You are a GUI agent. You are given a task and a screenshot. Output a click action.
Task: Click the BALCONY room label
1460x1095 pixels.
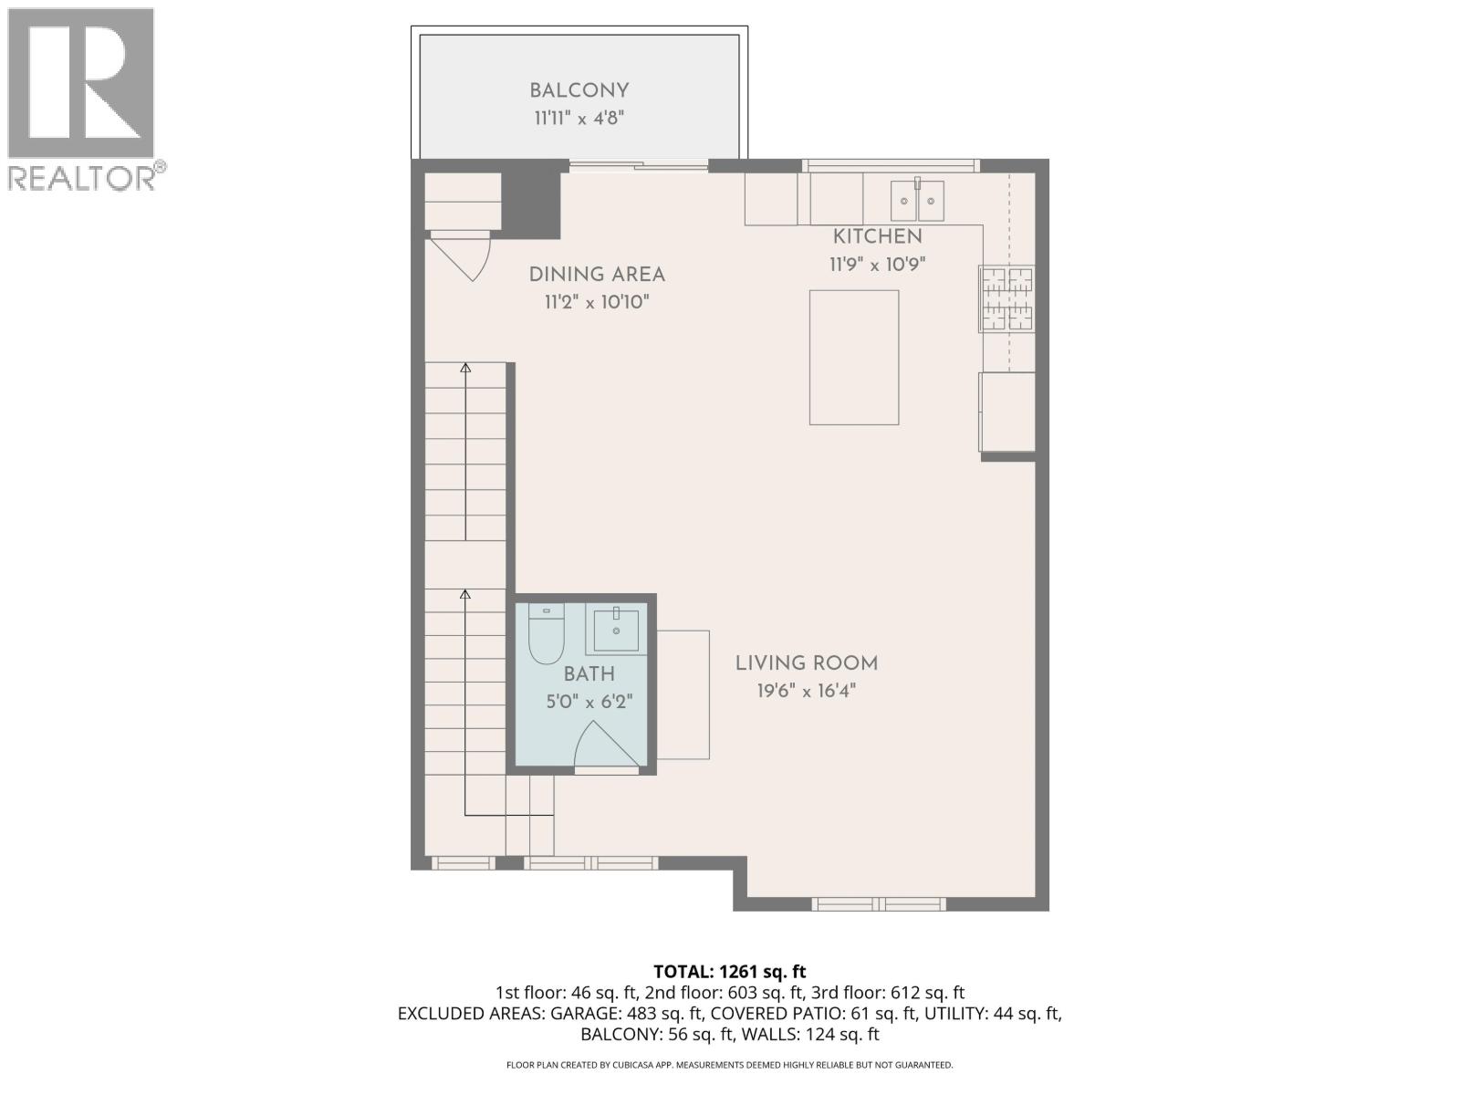coord(579,90)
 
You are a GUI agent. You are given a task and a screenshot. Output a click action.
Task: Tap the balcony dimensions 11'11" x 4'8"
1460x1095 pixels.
coord(579,118)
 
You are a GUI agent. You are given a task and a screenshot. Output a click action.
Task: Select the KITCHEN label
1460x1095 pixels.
coord(877,236)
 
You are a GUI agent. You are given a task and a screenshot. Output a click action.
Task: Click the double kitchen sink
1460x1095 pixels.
coord(917,201)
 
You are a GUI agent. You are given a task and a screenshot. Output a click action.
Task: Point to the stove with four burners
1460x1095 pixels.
coord(1006,298)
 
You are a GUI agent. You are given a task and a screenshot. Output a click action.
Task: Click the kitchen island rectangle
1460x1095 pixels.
coord(853,357)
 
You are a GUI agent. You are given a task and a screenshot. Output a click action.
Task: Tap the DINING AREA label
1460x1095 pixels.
coord(597,274)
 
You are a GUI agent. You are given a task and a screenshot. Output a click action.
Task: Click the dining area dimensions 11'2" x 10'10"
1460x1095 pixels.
coord(597,302)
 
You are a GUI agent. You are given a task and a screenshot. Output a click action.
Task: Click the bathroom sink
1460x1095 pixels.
coord(616,630)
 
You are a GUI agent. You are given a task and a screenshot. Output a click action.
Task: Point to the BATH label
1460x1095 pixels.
coord(589,674)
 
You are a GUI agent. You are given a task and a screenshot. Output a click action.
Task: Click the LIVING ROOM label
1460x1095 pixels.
coord(807,663)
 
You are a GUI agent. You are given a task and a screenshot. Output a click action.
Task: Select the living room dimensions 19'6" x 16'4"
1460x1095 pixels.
coord(807,691)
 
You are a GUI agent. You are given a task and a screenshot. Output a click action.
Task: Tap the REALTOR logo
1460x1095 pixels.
coord(82,99)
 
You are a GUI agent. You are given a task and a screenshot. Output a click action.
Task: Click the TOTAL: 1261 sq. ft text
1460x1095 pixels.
coord(730,972)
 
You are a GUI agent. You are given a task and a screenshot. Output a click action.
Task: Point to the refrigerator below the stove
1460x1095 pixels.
coord(1007,412)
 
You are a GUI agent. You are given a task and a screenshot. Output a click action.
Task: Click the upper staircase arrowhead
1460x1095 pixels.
coord(465,368)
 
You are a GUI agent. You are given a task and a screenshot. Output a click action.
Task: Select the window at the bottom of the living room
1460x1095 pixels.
coord(878,904)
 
